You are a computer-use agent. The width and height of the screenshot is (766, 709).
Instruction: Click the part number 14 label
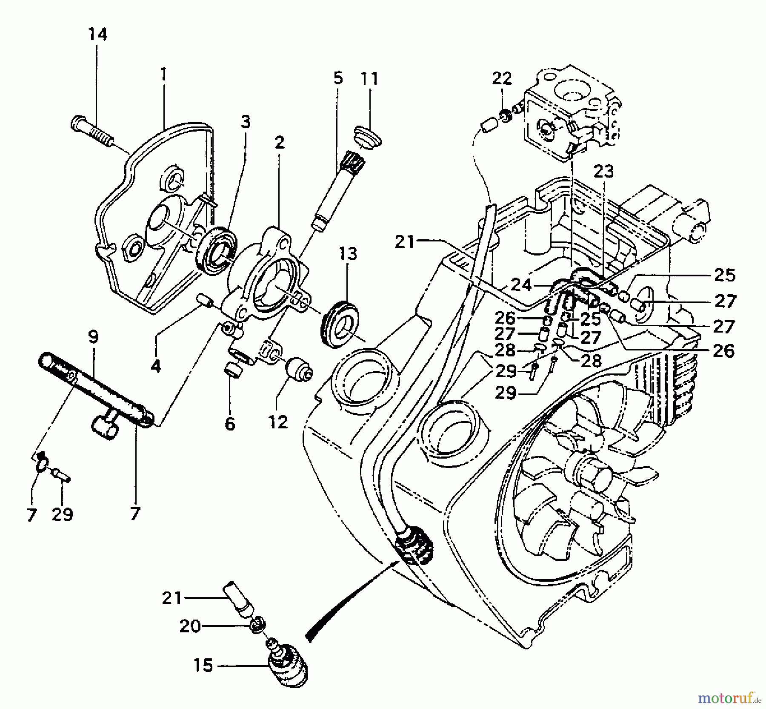(x=98, y=34)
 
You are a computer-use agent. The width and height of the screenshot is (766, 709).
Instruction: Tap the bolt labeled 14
(x=91, y=126)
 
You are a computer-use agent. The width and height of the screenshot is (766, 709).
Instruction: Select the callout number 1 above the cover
(x=163, y=75)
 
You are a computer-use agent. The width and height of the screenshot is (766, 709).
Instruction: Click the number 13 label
(x=348, y=254)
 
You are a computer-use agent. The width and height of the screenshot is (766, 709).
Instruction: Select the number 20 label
(x=190, y=626)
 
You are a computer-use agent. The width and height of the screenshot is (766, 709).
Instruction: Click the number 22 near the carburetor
(x=502, y=78)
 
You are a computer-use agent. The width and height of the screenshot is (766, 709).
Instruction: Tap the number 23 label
(x=603, y=171)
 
